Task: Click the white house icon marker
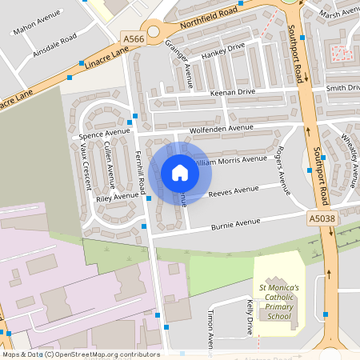[180, 172]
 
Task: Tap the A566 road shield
[134, 38]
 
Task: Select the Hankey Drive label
[223, 54]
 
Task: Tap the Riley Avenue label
[117, 196]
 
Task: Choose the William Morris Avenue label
[230, 160]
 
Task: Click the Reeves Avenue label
[234, 192]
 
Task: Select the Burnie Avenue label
[236, 223]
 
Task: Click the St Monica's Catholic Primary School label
[278, 302]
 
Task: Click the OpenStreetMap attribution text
[80, 354]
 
